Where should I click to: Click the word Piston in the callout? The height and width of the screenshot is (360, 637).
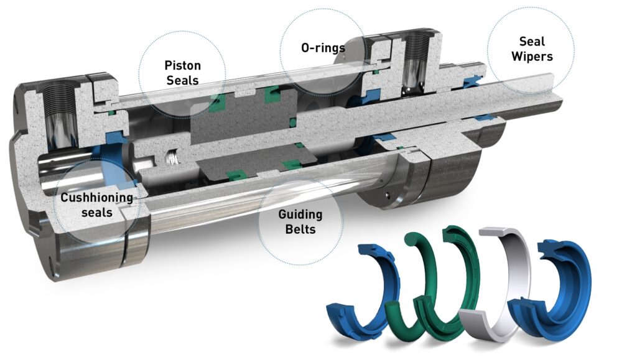pos(182,65)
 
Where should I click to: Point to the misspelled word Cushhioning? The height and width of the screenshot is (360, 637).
pos(96,198)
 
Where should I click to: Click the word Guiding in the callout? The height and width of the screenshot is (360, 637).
pos(300,215)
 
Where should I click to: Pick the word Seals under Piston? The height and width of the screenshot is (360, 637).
pos(182,80)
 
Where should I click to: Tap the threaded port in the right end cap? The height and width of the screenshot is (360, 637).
pos(414,62)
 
